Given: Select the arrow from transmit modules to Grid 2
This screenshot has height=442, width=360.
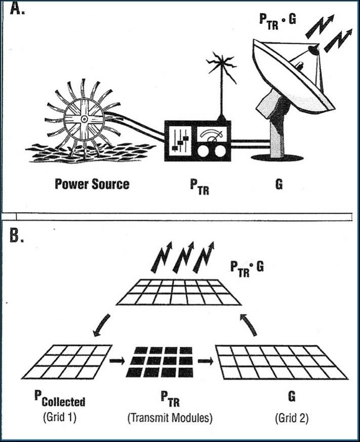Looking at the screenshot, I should pyautogui.click(x=205, y=361).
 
